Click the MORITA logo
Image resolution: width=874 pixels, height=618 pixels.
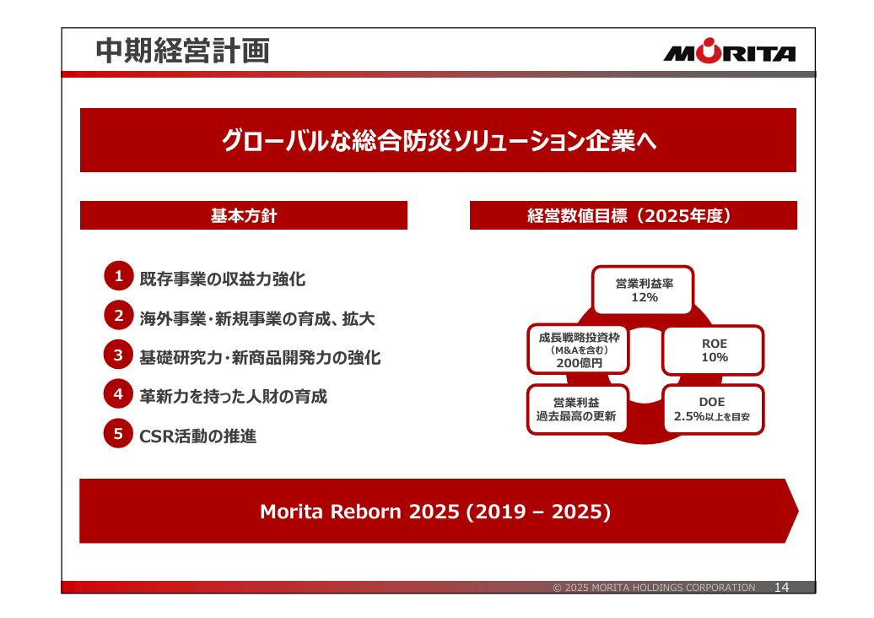coord(730,51)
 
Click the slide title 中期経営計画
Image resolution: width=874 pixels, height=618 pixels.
coord(183,51)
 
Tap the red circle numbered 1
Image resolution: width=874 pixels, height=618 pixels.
coord(119,276)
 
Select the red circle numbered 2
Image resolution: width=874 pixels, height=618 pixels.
coord(119,315)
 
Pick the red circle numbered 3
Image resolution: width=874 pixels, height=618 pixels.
coord(119,355)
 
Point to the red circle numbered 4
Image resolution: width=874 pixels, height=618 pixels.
coord(119,393)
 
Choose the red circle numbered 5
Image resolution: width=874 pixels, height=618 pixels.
coord(119,433)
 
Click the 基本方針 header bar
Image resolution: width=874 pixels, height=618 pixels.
coord(244,215)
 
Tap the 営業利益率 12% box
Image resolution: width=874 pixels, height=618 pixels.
coord(643,290)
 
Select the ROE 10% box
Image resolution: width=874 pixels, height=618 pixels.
coord(713,350)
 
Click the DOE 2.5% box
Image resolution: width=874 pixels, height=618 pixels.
coord(713,409)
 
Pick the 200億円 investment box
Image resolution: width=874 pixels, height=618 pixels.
coord(578,350)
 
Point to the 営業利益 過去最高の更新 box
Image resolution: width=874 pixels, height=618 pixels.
coord(577,409)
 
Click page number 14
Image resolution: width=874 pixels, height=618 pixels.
coord(781,588)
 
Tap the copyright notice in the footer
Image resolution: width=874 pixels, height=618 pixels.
coord(654,588)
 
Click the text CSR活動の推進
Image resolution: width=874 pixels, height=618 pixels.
coord(198,436)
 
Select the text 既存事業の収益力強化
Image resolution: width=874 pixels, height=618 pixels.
coord(223,279)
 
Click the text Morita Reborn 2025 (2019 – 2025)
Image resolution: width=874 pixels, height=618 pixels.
coord(435,512)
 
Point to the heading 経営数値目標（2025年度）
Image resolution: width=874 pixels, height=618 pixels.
coord(629,215)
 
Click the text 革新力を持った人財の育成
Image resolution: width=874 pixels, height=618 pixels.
coord(233,397)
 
